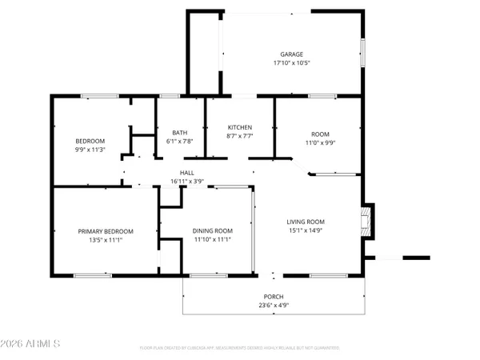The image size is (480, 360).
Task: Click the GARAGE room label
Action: (269, 54)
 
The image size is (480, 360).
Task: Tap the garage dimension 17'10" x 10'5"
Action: (269, 63)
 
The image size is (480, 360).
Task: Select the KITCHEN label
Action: (240, 127)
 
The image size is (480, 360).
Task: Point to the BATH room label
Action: (180, 133)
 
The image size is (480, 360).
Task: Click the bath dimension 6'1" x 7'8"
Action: (180, 142)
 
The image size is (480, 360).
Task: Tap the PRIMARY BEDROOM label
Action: (106, 231)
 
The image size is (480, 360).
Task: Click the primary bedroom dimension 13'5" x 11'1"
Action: (106, 240)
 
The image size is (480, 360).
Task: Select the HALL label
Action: (187, 173)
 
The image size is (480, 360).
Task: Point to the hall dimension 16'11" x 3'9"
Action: (187, 182)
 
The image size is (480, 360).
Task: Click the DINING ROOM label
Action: (213, 231)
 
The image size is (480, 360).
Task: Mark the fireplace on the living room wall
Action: (366, 222)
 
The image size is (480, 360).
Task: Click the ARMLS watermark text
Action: (32, 345)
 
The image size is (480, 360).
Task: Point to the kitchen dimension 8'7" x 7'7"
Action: (240, 136)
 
